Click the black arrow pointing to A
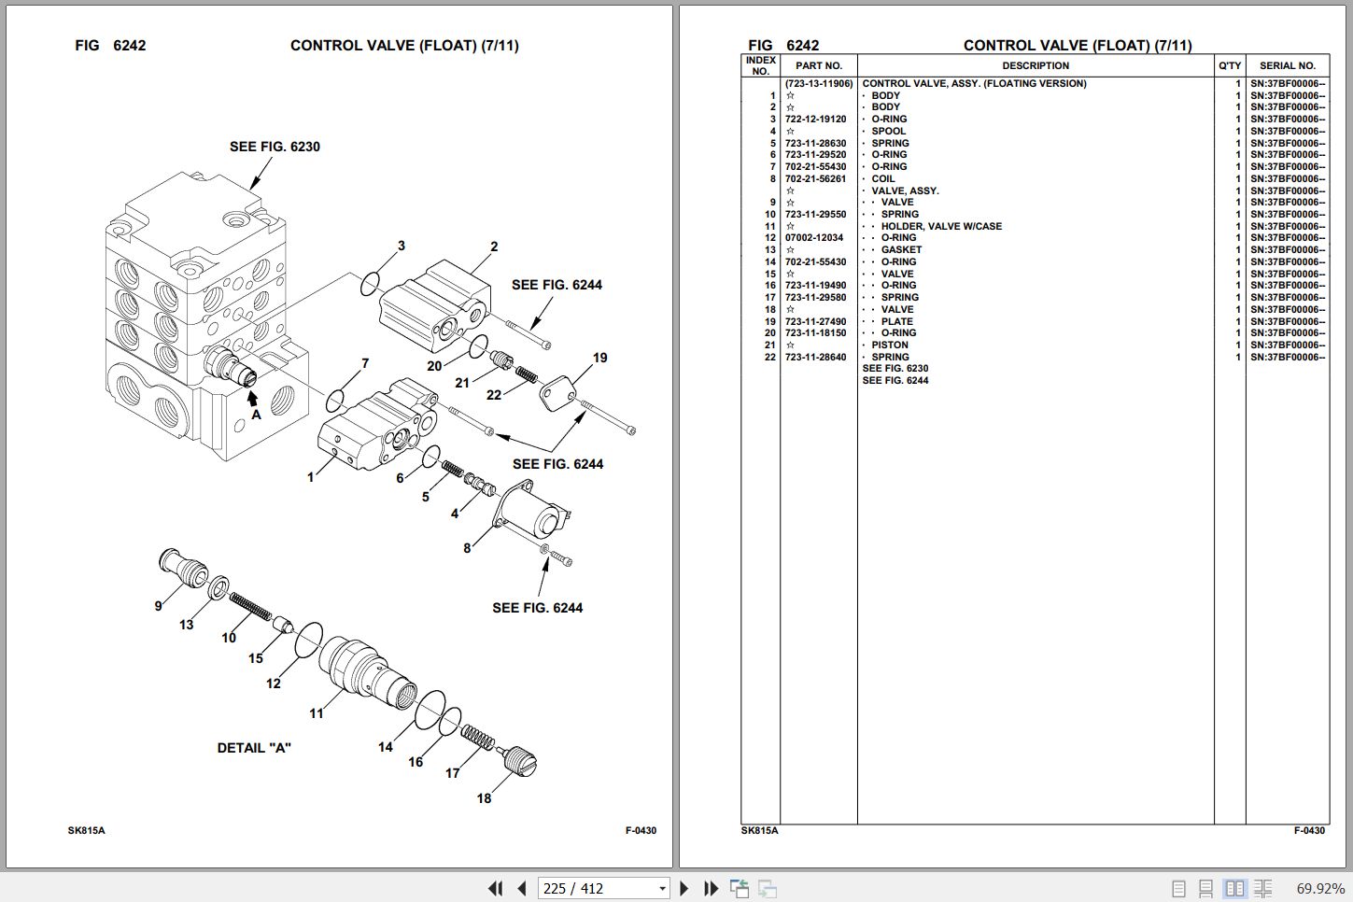coord(252,397)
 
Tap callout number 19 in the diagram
coord(599,358)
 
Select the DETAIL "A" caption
coord(254,748)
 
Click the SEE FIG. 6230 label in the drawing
coord(275,147)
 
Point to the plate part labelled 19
coord(557,392)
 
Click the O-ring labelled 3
coord(371,283)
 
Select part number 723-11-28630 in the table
coord(815,144)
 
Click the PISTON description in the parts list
coord(889,345)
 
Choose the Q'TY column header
coord(1229,66)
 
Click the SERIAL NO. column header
coord(1287,66)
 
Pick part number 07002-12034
coord(813,238)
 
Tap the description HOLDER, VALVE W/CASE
coord(940,227)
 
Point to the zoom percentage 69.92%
coord(1320,888)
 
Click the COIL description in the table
coord(882,179)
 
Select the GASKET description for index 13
coord(900,250)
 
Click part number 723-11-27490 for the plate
coord(815,322)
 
